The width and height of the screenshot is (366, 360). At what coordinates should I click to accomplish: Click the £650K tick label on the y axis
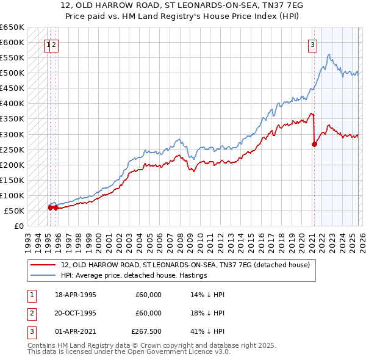(x=12, y=27)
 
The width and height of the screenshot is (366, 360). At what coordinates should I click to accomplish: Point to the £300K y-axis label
(x=12, y=134)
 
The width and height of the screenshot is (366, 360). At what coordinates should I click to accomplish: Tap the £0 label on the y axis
(x=18, y=226)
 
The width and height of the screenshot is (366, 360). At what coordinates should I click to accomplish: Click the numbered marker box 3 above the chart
(x=312, y=44)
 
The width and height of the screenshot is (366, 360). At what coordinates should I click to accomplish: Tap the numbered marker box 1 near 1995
(x=47, y=44)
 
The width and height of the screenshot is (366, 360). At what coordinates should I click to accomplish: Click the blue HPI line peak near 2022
(x=329, y=55)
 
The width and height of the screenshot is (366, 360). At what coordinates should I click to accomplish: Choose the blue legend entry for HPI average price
(x=134, y=275)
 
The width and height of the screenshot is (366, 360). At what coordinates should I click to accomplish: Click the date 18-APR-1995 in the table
(x=76, y=295)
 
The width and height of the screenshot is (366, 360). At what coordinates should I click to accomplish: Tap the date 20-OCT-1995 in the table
(x=76, y=313)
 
